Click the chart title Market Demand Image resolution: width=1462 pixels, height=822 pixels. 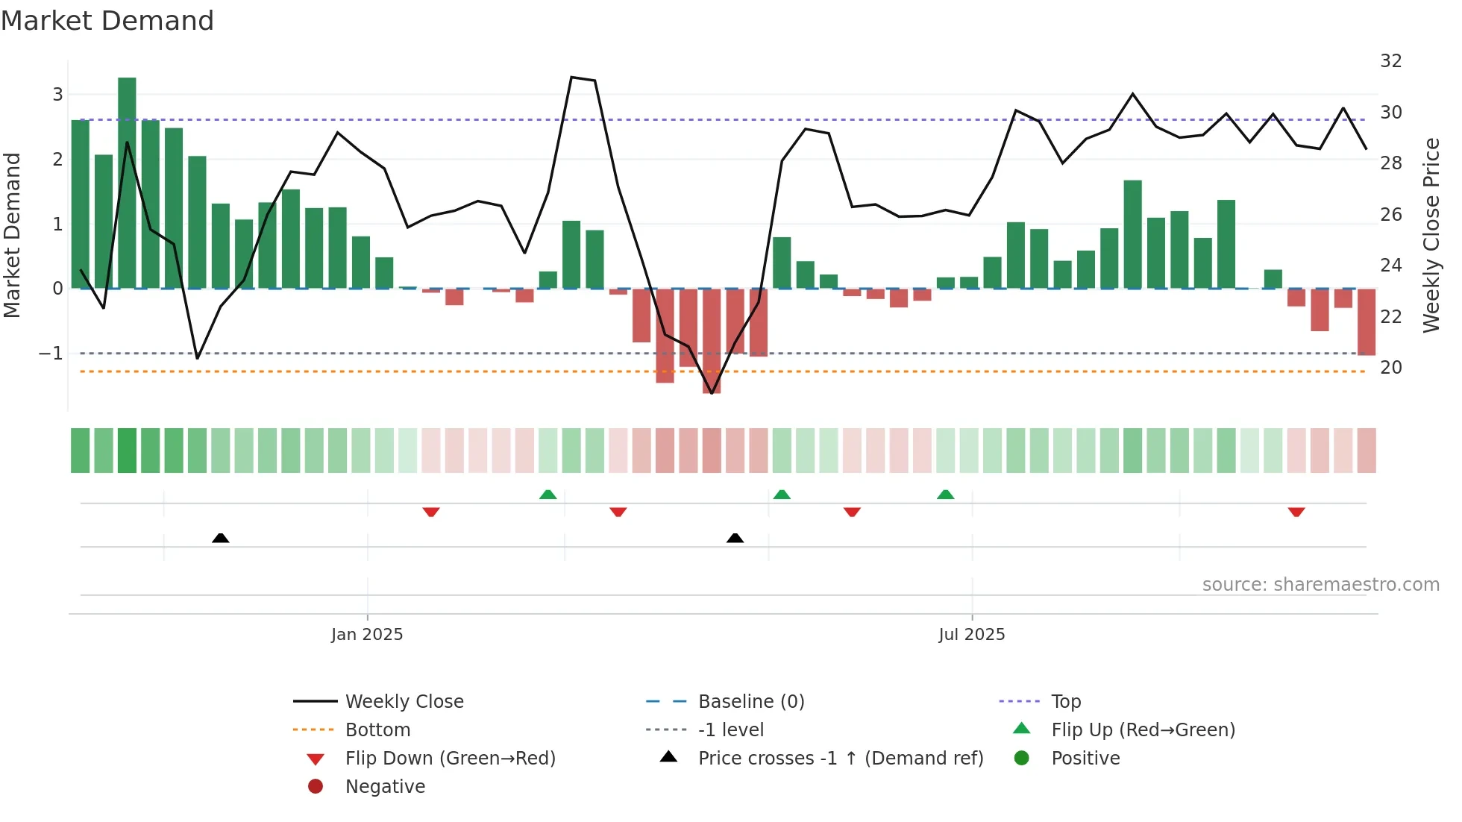pyautogui.click(x=107, y=21)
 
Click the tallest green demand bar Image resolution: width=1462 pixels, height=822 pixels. pyautogui.click(x=127, y=183)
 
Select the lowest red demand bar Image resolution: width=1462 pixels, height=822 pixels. pyautogui.click(x=712, y=341)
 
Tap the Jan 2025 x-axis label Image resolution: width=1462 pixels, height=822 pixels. pyautogui.click(x=367, y=634)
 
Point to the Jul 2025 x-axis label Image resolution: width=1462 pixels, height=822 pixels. pyautogui.click(x=971, y=634)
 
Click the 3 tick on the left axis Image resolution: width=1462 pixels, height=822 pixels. pyautogui.click(x=57, y=95)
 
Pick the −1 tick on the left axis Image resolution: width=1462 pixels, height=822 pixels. pyautogui.click(x=51, y=353)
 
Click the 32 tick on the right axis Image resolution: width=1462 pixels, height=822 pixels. pyautogui.click(x=1390, y=61)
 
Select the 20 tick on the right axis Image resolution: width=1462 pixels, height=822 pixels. pyautogui.click(x=1390, y=368)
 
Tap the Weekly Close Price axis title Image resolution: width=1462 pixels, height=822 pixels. pyautogui.click(x=1431, y=235)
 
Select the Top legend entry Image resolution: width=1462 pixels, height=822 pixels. pyautogui.click(x=1066, y=701)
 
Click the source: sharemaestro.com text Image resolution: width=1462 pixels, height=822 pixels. pyautogui.click(x=1320, y=584)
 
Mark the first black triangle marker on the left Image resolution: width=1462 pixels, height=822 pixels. pyautogui.click(x=220, y=538)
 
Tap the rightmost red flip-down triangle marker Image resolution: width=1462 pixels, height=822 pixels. pyautogui.click(x=1296, y=512)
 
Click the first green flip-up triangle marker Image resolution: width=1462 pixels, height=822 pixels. pyautogui.click(x=548, y=495)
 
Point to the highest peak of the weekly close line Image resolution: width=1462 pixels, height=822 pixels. pyautogui.click(x=571, y=78)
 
